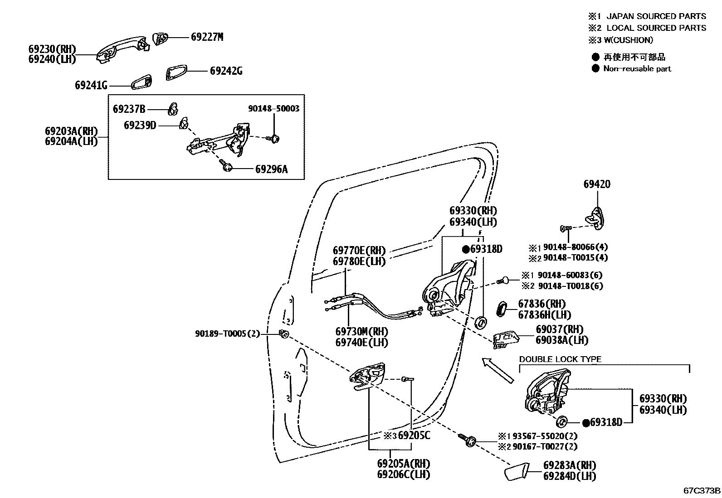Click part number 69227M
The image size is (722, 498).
[207, 37]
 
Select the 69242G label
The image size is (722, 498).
[226, 71]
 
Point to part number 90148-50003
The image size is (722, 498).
[273, 109]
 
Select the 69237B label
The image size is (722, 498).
[129, 109]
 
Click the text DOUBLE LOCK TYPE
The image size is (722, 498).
[560, 359]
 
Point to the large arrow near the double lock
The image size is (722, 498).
[497, 370]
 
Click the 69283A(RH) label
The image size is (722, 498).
[570, 465]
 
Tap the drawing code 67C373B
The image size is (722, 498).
[702, 491]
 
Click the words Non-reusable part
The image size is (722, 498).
[637, 69]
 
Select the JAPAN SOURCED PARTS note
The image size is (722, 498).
[656, 16]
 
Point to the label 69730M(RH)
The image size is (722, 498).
[361, 332]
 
